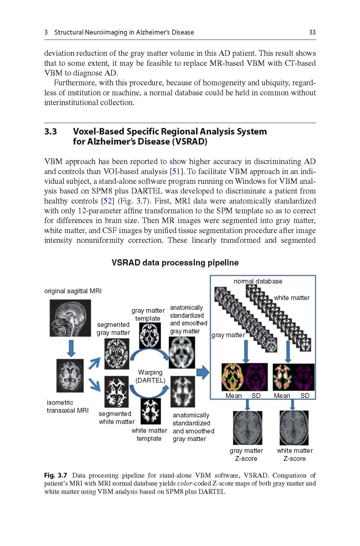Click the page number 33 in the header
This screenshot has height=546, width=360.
click(312, 32)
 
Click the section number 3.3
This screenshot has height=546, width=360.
click(50, 132)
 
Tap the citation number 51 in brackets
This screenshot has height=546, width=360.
click(176, 171)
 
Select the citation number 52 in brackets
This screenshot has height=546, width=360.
click(107, 201)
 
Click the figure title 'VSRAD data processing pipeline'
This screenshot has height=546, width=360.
click(175, 263)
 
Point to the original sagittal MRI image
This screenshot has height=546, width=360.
click(70, 318)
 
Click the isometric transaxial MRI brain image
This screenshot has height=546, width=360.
click(70, 376)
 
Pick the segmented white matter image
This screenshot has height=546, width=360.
click(117, 391)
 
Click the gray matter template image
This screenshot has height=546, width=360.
click(150, 336)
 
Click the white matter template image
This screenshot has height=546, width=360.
click(151, 411)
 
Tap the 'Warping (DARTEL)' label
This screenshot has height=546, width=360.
click(150, 376)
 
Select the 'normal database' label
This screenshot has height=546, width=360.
click(258, 281)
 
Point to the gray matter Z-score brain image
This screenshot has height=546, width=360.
click(247, 428)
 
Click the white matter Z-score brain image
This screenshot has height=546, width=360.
click(294, 428)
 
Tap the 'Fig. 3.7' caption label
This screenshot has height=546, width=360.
click(56, 475)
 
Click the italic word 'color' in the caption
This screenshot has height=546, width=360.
click(185, 483)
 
